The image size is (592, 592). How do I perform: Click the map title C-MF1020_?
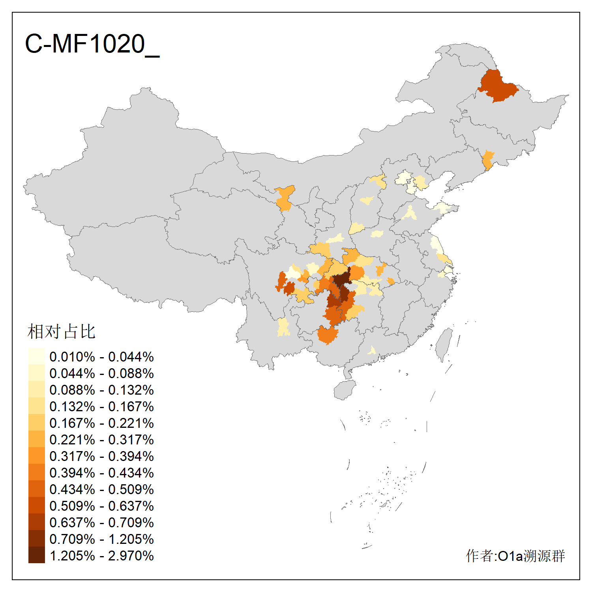92,43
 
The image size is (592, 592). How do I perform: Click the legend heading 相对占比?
61,332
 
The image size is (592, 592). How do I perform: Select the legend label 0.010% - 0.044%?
101,357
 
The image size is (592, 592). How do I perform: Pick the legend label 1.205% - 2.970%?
101,556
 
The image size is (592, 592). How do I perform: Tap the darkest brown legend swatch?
36,555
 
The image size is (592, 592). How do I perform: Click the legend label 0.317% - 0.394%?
101,456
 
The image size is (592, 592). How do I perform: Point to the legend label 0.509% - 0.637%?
101,506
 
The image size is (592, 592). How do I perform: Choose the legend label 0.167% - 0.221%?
101,423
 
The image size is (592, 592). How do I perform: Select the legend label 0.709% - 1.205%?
101,539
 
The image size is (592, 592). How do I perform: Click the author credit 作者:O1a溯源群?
515,556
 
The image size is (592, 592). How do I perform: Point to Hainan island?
345,390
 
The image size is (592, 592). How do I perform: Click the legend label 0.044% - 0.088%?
101,373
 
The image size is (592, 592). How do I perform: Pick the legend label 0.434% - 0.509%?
101,489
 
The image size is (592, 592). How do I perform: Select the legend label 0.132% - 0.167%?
101,407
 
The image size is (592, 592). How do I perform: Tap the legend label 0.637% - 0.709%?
101,523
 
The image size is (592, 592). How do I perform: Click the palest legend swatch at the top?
36,356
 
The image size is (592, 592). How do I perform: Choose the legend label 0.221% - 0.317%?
101,440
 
